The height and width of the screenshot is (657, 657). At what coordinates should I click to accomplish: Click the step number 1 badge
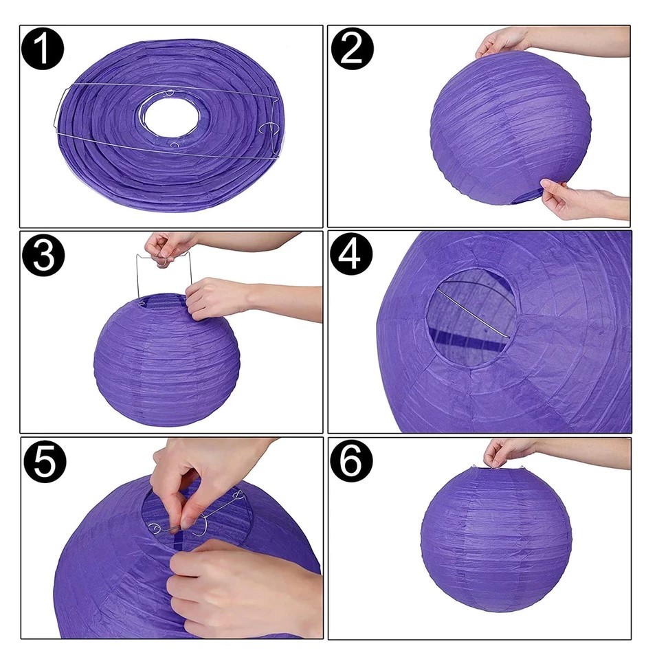coord(43,49)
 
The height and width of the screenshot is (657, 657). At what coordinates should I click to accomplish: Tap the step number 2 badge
coord(352,49)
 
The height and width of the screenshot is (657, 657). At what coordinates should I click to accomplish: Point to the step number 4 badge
coord(351,254)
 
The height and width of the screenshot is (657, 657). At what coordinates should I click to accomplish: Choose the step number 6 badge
coord(351,460)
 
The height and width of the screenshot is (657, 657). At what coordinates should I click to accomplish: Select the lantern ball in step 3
coord(167,360)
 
